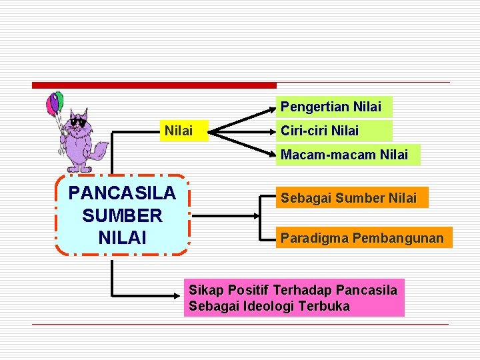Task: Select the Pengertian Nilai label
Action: coord(331,107)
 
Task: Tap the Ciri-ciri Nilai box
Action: coord(320,131)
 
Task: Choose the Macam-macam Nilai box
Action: coord(345,155)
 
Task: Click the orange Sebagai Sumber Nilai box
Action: coord(349,198)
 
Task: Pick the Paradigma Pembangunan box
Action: coord(362,238)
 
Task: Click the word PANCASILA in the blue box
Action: coord(122,193)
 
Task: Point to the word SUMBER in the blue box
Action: coord(122,215)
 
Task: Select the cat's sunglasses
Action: coord(78,123)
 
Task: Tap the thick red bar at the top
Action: coord(154,85)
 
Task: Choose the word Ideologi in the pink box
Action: coord(270,307)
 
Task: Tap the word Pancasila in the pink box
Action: coord(367,290)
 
